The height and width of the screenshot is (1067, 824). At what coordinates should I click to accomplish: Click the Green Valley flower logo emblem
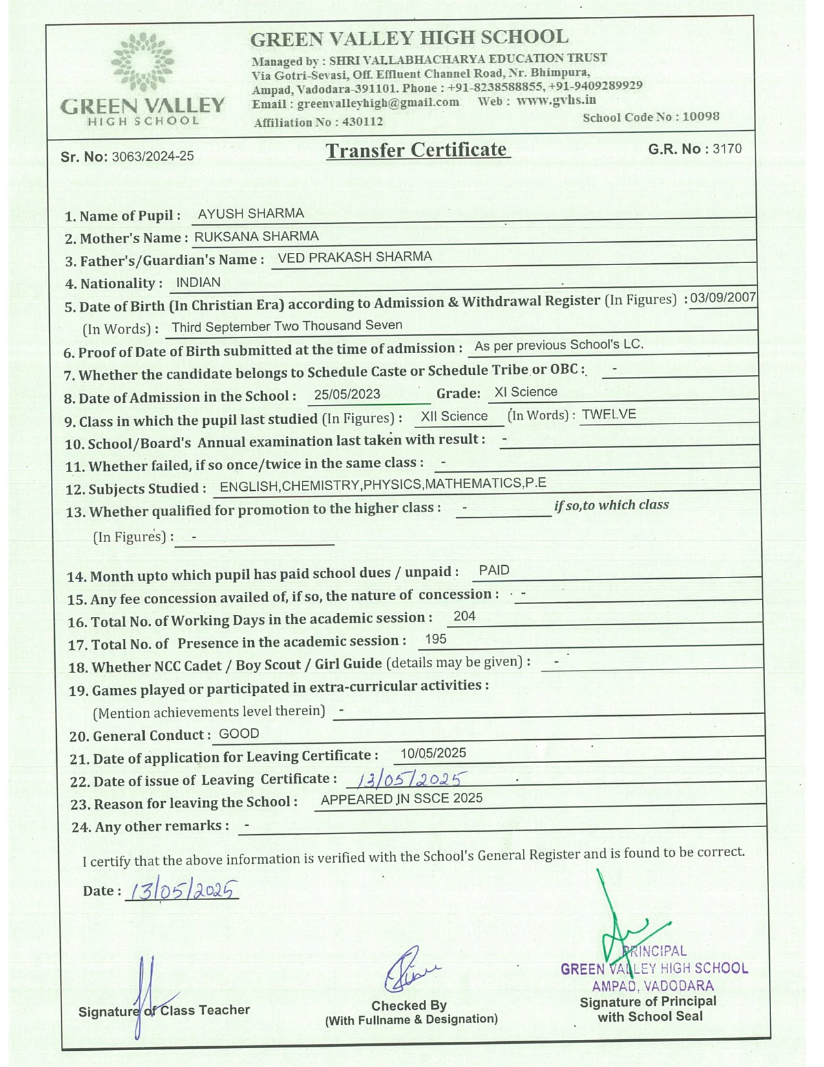pos(142,62)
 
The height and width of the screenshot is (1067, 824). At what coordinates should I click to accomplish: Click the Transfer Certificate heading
pos(417,150)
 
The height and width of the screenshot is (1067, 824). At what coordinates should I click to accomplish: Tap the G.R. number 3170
pos(727,149)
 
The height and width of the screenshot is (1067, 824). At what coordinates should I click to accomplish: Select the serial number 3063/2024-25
pos(153,156)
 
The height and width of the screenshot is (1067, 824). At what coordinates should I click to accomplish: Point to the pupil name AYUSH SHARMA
pos(251,213)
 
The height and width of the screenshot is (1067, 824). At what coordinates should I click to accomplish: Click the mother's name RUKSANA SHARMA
pos(257,236)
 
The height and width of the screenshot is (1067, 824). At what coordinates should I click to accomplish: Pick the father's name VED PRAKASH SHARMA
pos(355,257)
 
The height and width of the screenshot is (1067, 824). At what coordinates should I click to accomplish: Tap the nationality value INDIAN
pos(198,283)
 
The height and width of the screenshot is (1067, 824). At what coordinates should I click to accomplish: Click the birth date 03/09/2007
pos(723,298)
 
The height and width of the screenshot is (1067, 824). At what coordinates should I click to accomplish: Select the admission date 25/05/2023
pos(347,394)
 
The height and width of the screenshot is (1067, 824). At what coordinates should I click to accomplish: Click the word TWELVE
pos(609,415)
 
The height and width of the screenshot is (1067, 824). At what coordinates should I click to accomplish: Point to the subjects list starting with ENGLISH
pos(383,484)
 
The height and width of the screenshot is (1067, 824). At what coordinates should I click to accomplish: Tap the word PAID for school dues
pos(494,570)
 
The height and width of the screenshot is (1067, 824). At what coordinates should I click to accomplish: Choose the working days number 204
pos(465,616)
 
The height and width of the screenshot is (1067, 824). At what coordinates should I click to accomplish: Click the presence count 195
pos(436,639)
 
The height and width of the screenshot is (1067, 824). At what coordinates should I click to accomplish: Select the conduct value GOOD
pos(239,733)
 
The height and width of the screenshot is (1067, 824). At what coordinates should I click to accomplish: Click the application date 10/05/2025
pos(433,753)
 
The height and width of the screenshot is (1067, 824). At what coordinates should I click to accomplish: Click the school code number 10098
pos(701,116)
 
